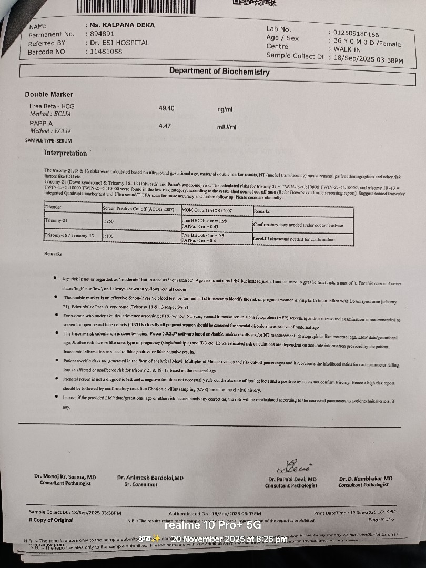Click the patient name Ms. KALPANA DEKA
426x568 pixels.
click(x=117, y=25)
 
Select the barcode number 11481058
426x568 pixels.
click(x=105, y=52)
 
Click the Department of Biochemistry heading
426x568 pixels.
click(x=219, y=72)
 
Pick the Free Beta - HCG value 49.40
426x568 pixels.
click(x=166, y=108)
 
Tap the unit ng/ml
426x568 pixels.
click(x=225, y=109)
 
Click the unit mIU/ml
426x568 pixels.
click(x=227, y=127)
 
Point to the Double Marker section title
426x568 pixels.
click(x=49, y=95)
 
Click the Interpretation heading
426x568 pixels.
click(x=65, y=153)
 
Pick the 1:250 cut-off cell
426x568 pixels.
click(x=109, y=222)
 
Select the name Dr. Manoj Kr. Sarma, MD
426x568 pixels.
click(x=65, y=477)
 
